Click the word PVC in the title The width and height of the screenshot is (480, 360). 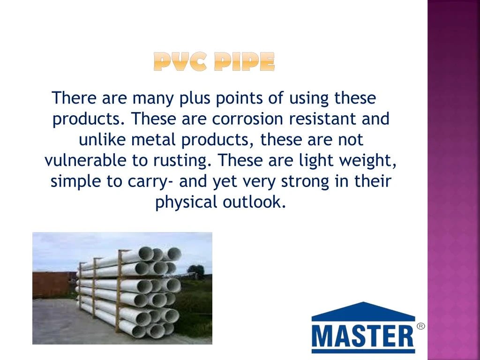pyautogui.click(x=181, y=62)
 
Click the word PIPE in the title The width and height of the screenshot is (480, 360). pyautogui.click(x=244, y=62)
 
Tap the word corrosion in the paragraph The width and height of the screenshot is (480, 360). pyautogui.click(x=248, y=119)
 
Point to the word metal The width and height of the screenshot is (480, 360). pyautogui.click(x=155, y=140)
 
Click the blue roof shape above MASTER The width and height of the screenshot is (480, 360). pyautogui.click(x=363, y=310)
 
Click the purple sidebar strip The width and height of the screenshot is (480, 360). pyautogui.click(x=453, y=180)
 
